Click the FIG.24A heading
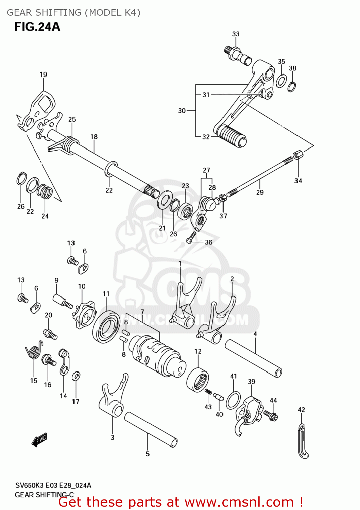pos(37,27)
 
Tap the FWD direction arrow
pos(39,440)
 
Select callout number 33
pos(236,34)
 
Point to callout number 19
pos(43,74)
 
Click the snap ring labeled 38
pos(292,87)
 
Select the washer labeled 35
pos(281,81)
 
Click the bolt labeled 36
pos(191,237)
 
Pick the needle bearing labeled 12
pos(198,380)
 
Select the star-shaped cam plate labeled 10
pos(84,314)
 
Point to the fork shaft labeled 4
pos(253,358)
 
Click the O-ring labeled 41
pos(233,400)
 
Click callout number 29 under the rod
pos(260,192)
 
